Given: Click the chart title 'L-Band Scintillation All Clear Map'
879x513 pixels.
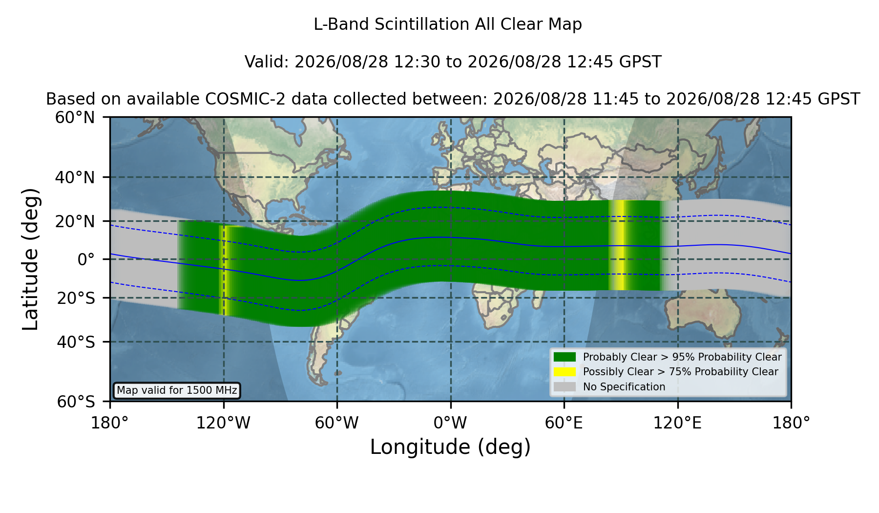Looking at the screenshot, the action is [447, 24].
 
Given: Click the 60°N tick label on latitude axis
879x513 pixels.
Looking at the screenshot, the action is [75, 117].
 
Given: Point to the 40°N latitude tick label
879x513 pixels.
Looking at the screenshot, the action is [75, 177].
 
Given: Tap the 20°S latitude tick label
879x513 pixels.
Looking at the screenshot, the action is [76, 298].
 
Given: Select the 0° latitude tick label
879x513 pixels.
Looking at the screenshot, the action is [86, 259].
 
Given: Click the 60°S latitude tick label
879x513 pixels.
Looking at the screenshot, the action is [76, 402].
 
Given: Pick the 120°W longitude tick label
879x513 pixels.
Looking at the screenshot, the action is [223, 423].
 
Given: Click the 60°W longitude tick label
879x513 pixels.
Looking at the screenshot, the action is [337, 423].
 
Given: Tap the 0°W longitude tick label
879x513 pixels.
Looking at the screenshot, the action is [450, 423].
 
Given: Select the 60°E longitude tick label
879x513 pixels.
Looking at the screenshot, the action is [564, 423].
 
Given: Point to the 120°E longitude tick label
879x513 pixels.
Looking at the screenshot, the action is [677, 423].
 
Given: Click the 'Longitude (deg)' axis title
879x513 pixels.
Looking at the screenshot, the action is [450, 447].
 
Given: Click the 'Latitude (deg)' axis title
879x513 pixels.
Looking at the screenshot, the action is [30, 259].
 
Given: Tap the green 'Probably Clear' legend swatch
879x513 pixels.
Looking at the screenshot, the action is [565, 357].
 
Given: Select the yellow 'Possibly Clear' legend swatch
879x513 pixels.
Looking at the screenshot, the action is [565, 372].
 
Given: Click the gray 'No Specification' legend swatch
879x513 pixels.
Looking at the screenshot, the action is [565, 387].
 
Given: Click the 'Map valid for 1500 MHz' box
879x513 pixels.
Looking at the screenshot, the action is [177, 390].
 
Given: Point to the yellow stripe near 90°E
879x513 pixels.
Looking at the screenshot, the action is [620, 245].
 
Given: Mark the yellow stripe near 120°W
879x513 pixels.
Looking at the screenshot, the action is [225, 270].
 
